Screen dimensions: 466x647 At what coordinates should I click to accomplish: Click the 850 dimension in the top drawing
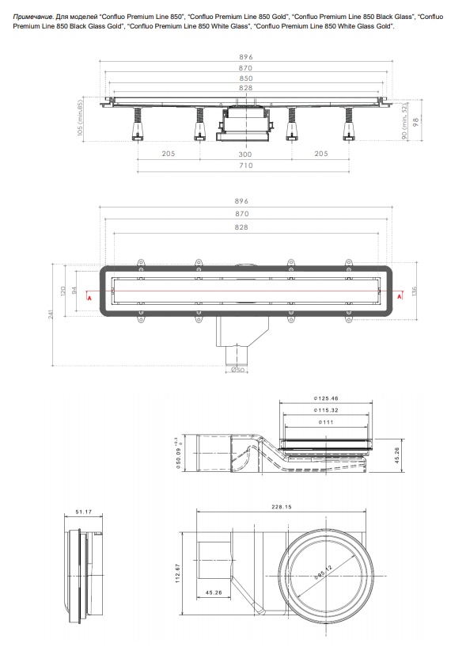[x=245, y=78]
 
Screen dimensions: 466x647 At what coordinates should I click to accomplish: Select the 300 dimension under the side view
[x=245, y=154]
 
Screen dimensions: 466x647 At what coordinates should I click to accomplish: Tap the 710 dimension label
[x=245, y=165]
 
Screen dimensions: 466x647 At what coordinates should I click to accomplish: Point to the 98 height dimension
[x=416, y=122]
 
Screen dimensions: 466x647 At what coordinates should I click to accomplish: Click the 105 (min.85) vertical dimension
[x=81, y=116]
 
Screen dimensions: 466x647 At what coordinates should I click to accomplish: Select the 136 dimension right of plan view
[x=414, y=291]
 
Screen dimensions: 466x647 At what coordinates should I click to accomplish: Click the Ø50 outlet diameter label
[x=237, y=370]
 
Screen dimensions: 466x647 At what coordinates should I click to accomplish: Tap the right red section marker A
[x=400, y=297]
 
